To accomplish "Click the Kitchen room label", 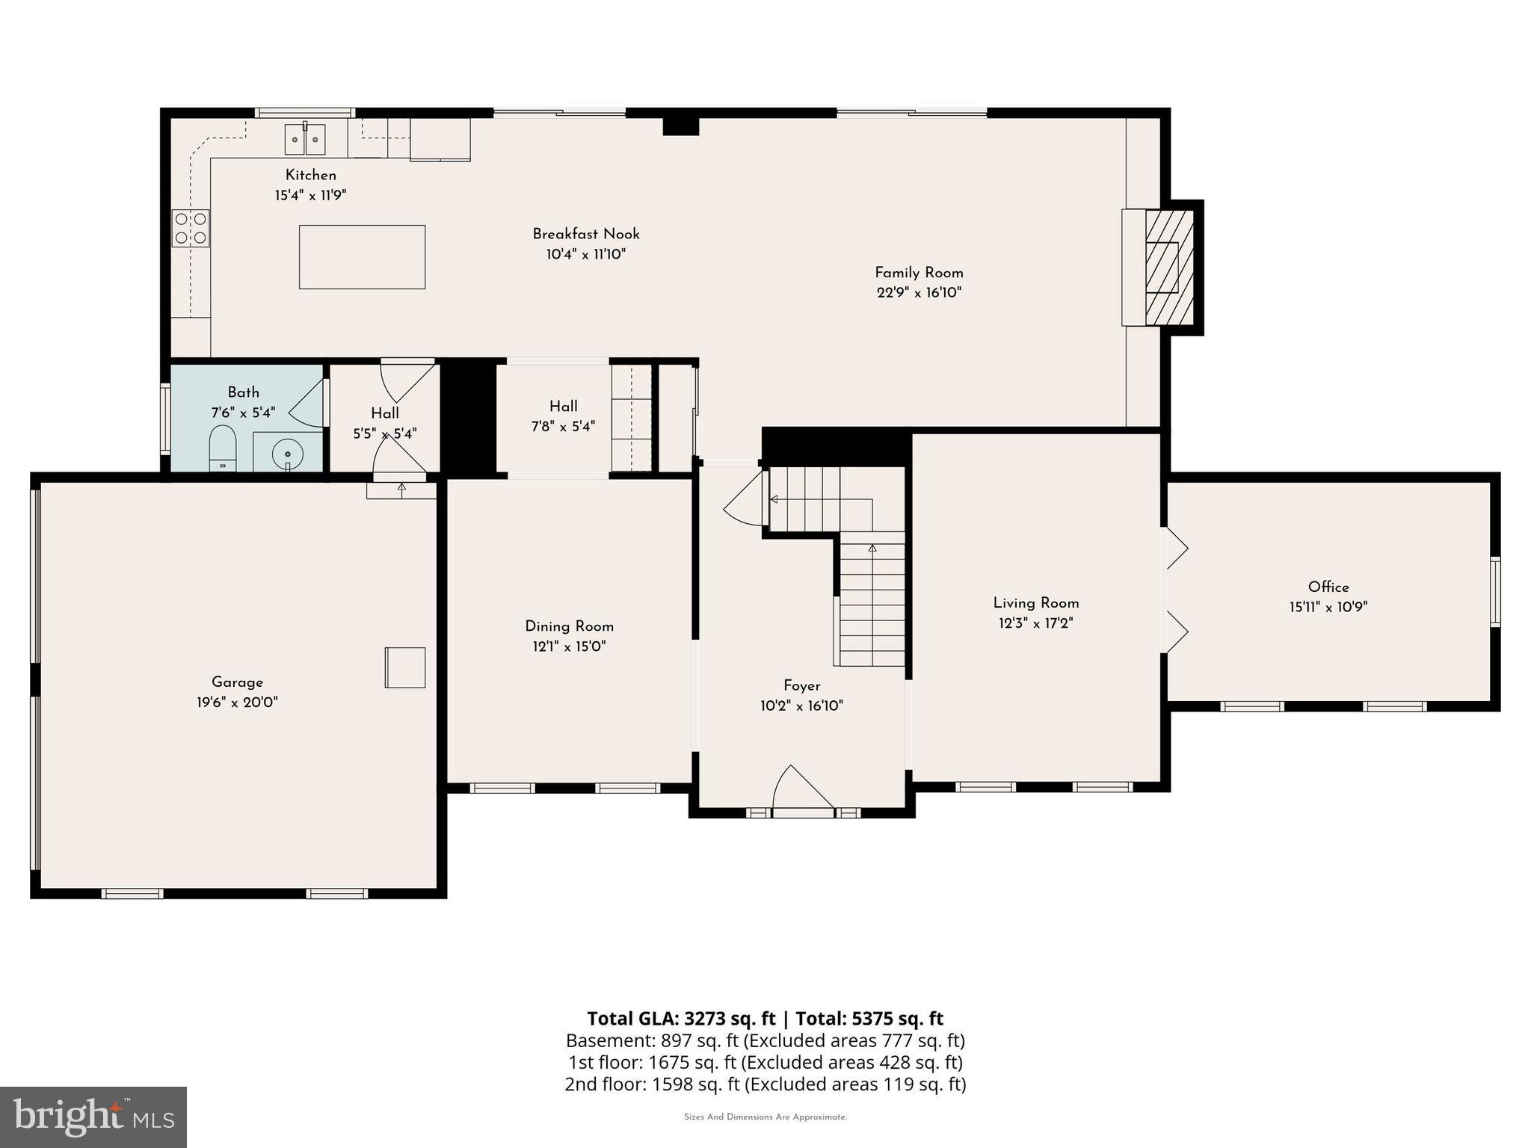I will tap(310, 175).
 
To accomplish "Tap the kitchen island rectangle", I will tap(362, 257).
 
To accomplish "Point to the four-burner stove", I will tap(191, 228).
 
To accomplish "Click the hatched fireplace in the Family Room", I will tap(1169, 267).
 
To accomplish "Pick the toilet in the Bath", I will tap(223, 448).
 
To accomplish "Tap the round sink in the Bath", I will tap(287, 454).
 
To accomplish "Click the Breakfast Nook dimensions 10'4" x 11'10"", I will tap(585, 254).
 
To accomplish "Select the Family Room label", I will tap(919, 273).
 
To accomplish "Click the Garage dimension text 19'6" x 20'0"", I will tap(237, 703).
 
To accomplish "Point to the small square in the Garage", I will tap(405, 667).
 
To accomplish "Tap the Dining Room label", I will tap(569, 626).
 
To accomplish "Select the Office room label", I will tap(1328, 587).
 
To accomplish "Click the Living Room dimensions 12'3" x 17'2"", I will tap(1035, 623).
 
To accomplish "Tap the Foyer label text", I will tap(801, 685).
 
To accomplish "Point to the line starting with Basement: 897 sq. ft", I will tap(765, 1040).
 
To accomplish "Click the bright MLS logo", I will tap(93, 1117).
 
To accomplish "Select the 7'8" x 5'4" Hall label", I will tap(563, 426).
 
